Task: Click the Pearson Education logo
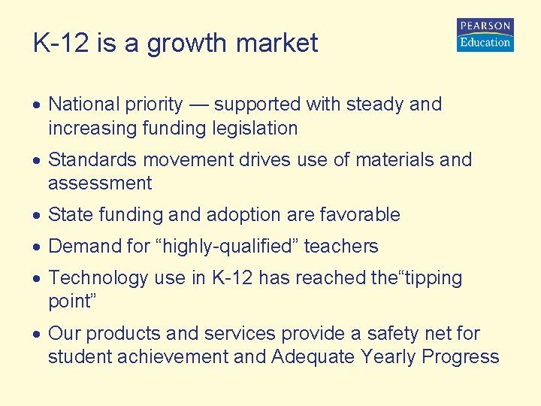pos(485,35)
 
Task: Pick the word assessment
pos(100,183)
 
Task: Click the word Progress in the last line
pos(461,357)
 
